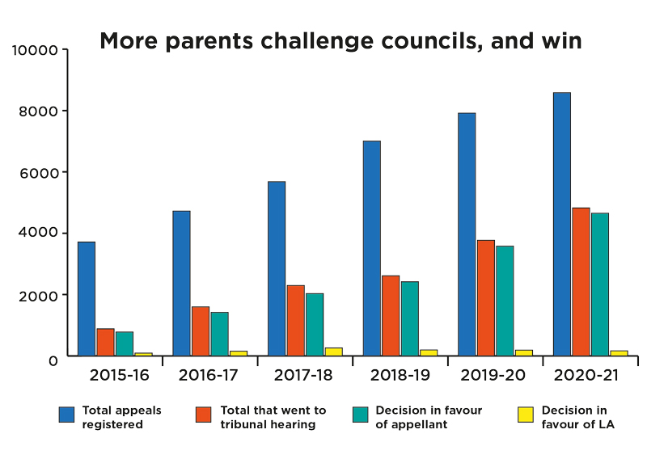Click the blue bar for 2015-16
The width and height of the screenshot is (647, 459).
pyautogui.click(x=87, y=299)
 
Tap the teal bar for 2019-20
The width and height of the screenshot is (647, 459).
pyautogui.click(x=505, y=301)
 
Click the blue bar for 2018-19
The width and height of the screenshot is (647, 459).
pyautogui.click(x=371, y=248)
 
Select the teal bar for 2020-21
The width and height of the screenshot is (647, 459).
pyautogui.click(x=599, y=284)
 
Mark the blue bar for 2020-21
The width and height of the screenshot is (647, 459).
pyautogui.click(x=561, y=224)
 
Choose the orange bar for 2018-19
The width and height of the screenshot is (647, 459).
pyautogui.click(x=391, y=315)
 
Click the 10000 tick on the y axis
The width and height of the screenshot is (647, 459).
pyautogui.click(x=36, y=50)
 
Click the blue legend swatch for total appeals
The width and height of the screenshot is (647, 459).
pyautogui.click(x=66, y=415)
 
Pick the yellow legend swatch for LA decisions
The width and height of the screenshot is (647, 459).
pyautogui.click(x=525, y=415)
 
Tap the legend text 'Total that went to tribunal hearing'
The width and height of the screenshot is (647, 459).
pyautogui.click(x=273, y=417)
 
